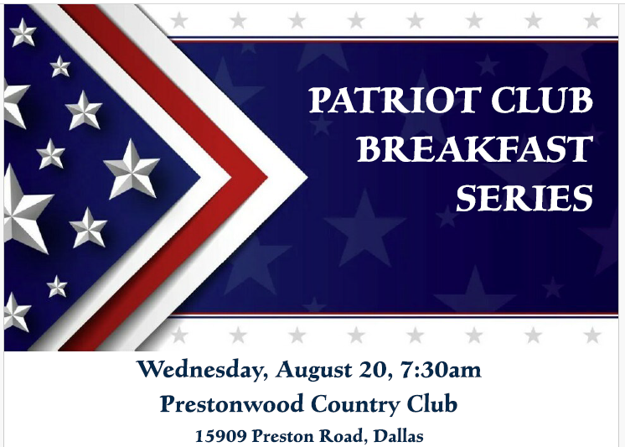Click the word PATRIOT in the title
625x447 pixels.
point(395,100)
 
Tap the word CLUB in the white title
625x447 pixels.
point(542,100)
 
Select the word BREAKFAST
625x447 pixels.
point(475,149)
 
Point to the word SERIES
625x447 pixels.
point(524,198)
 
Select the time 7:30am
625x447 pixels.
point(441,370)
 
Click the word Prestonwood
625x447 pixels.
point(232,403)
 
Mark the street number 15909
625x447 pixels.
point(221,436)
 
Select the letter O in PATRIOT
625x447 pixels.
point(441,100)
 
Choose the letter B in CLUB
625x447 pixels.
point(581,100)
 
